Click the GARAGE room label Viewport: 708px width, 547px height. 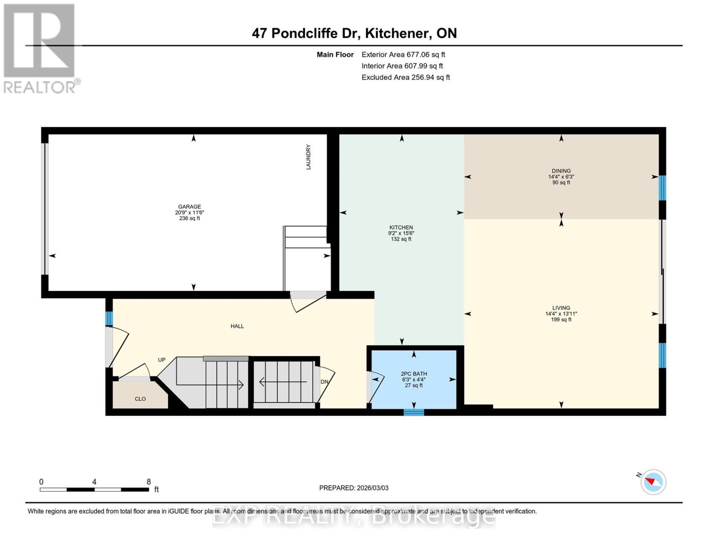click(189, 206)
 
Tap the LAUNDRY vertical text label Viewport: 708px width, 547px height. click(309, 157)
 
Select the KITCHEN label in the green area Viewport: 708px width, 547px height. click(401, 227)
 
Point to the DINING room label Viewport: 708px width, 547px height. click(561, 171)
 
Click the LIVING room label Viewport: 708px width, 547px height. click(561, 308)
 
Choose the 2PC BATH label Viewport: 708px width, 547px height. click(413, 374)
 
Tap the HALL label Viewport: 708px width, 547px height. click(237, 326)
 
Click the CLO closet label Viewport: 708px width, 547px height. click(140, 399)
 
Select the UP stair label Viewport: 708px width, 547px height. click(161, 360)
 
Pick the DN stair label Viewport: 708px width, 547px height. click(325, 382)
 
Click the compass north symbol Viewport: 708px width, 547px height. click(653, 482)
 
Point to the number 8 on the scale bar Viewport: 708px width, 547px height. click(149, 481)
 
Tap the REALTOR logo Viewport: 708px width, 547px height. click(40, 48)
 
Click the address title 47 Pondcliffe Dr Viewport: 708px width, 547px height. click(354, 33)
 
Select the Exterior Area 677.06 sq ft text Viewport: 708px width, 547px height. click(403, 54)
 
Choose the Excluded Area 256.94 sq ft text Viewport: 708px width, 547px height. click(405, 77)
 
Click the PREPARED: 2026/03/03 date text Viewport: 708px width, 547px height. click(354, 488)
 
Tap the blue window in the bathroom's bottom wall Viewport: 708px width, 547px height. click(413, 412)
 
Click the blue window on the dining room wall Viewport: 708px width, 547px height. click(662, 188)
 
